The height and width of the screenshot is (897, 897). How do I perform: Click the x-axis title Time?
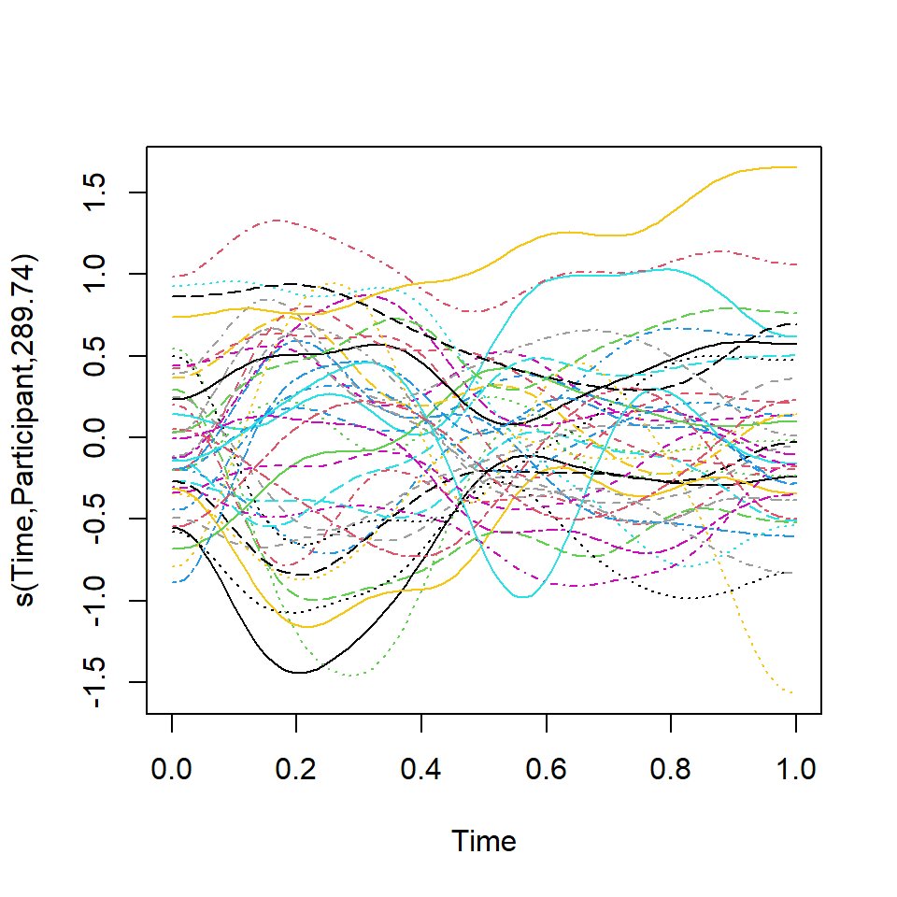(484, 842)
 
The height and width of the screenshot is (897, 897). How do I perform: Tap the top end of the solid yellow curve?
(794, 167)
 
